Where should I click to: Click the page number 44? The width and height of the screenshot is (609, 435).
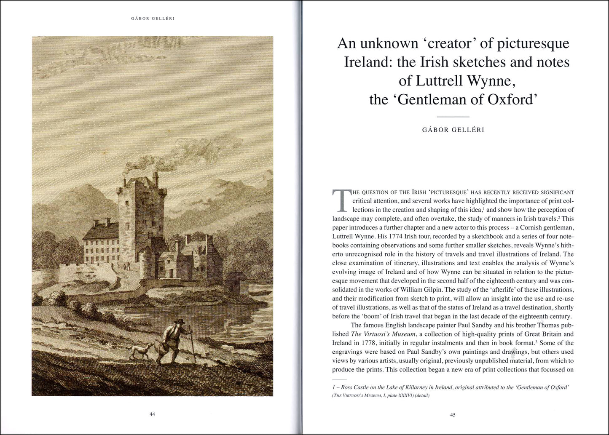pos(153,414)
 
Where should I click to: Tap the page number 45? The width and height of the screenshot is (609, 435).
pos(453,415)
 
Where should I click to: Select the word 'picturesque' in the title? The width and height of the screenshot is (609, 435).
pos(534,44)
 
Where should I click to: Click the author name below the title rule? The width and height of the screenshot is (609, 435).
pos(453,130)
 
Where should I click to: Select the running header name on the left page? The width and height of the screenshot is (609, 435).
pos(152,19)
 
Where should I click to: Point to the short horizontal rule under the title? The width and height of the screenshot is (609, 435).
pos(453,117)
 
